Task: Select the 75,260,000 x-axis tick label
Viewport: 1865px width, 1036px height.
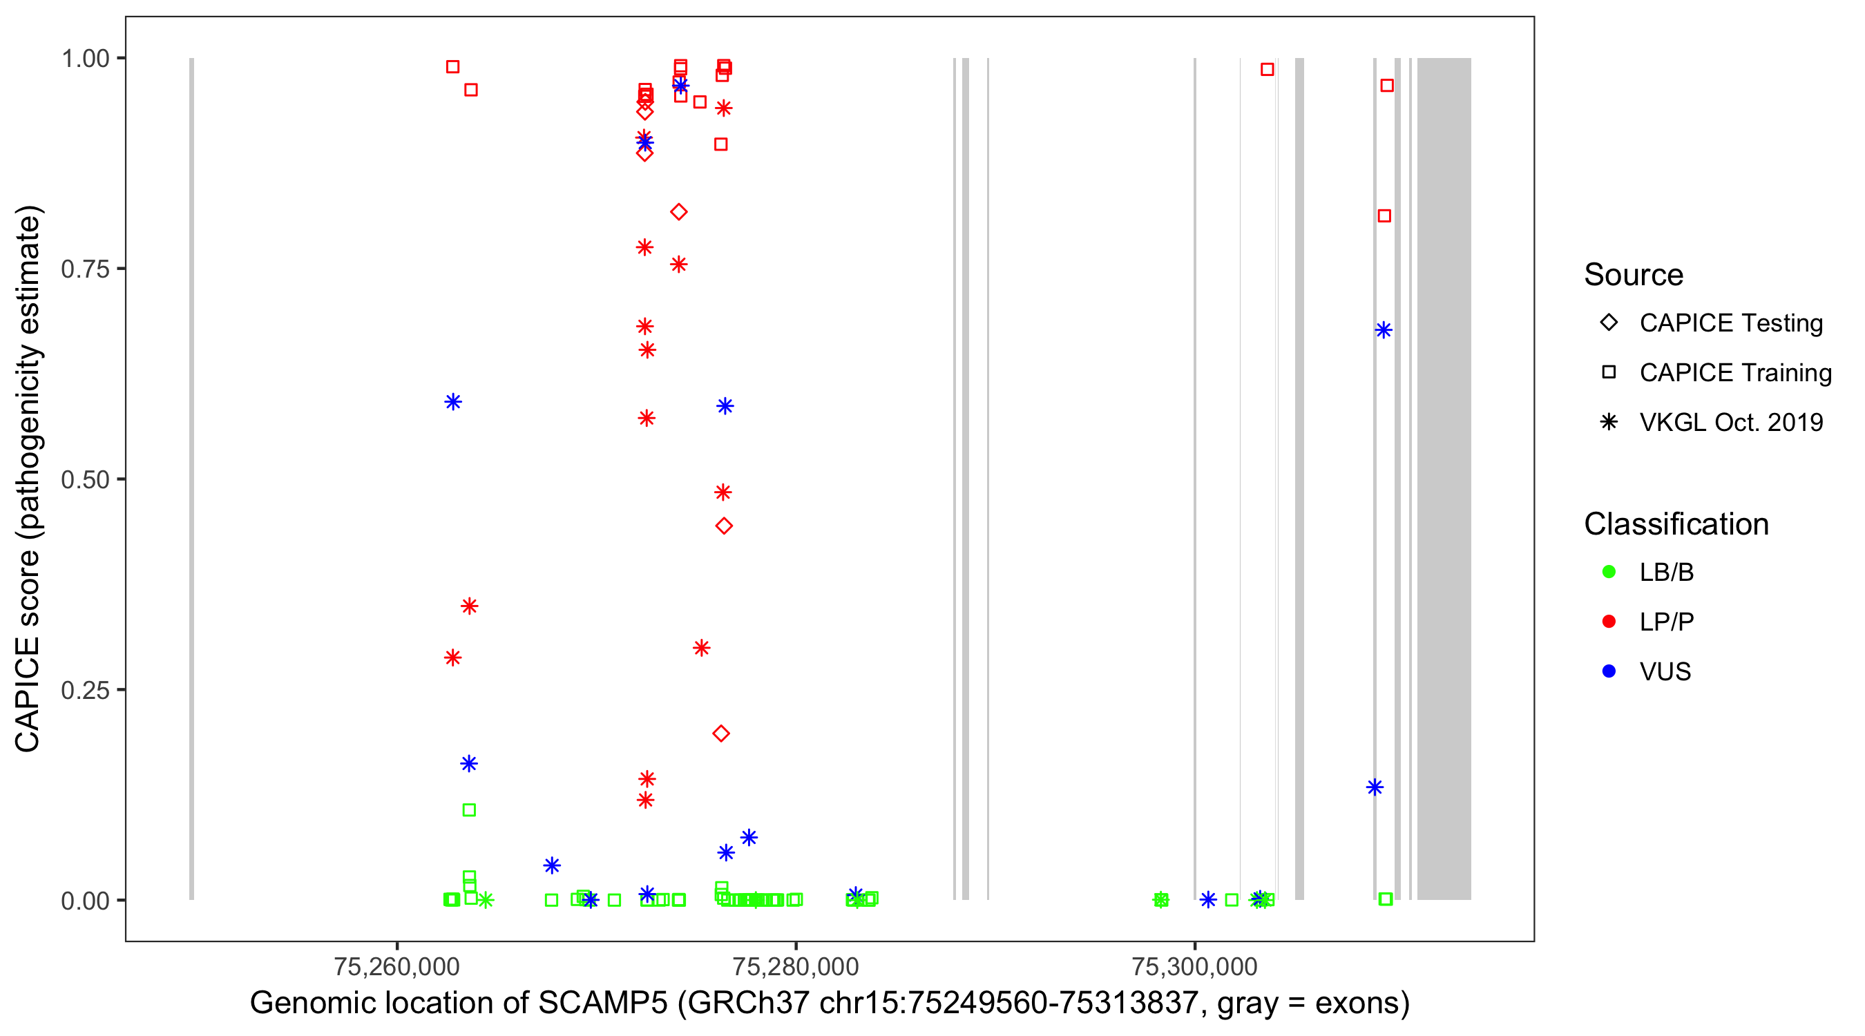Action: click(396, 966)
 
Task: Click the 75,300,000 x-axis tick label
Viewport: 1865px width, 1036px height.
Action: click(1194, 966)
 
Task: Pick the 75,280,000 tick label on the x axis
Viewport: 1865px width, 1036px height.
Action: click(796, 966)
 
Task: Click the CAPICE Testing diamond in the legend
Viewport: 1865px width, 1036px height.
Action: click(1609, 323)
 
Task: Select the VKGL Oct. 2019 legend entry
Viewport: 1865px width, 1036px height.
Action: click(1730, 422)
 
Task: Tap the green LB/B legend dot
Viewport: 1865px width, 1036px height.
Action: click(1609, 573)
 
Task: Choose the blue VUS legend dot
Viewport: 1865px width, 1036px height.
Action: click(1609, 672)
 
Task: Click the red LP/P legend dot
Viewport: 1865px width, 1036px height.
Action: click(1609, 622)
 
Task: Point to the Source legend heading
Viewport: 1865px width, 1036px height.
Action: click(1634, 275)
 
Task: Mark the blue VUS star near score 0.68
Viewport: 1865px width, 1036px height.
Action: click(1384, 331)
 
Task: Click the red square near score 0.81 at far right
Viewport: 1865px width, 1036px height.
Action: click(1384, 216)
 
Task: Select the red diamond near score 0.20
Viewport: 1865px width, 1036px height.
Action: click(721, 734)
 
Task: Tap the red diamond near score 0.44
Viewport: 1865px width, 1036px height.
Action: click(724, 526)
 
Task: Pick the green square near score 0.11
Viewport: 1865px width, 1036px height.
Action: click(469, 810)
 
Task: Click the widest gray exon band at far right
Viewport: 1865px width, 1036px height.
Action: click(1444, 478)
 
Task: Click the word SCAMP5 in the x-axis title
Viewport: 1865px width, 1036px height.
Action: click(602, 1004)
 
